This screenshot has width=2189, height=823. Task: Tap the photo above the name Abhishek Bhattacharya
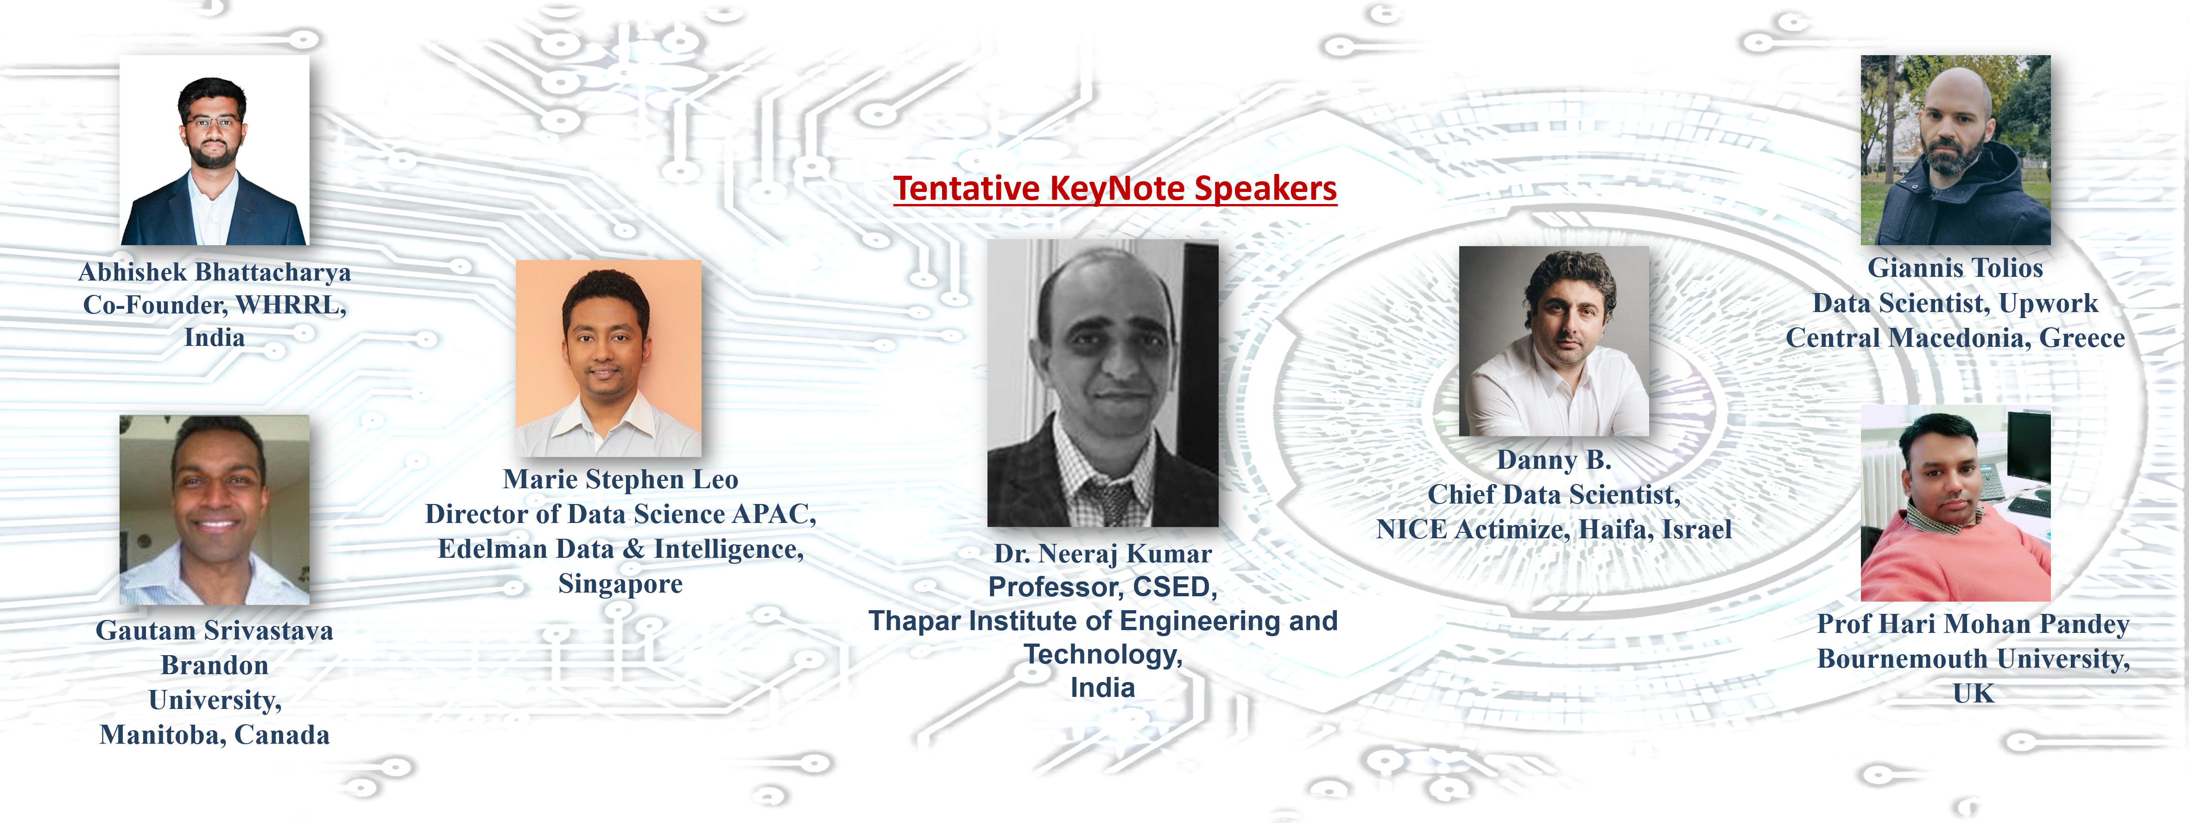[214, 151]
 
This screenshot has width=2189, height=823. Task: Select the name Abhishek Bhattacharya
[214, 272]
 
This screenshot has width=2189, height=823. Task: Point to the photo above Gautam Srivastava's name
[214, 510]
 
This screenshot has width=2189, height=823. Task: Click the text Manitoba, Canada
[214, 734]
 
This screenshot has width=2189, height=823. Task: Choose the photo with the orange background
[608, 358]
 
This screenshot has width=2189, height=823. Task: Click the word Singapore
[620, 584]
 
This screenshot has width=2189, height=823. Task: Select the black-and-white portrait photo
[1103, 383]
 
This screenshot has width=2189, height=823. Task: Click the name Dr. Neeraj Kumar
[1103, 554]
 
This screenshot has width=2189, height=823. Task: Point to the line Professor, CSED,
[1103, 587]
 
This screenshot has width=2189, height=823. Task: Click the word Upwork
[2048, 304]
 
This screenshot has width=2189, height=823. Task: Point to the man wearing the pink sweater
[1955, 504]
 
